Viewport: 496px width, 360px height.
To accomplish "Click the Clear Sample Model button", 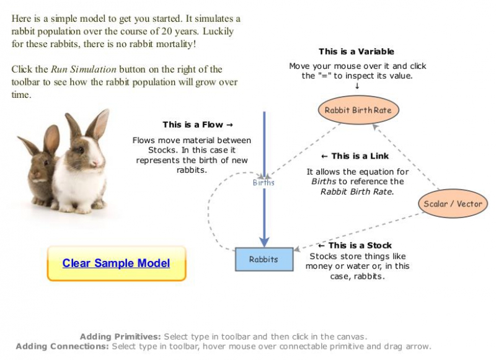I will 116,263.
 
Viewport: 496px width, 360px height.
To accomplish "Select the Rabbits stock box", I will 263,259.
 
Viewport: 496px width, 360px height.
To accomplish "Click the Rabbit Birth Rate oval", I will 358,110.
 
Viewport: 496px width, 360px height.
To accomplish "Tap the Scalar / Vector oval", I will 453,204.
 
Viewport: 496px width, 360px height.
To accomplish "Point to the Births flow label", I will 263,183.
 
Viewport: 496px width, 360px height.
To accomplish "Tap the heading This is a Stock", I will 355,245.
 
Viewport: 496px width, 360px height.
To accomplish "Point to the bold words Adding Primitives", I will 120,336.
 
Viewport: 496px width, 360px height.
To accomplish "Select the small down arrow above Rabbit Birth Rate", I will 357,86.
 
